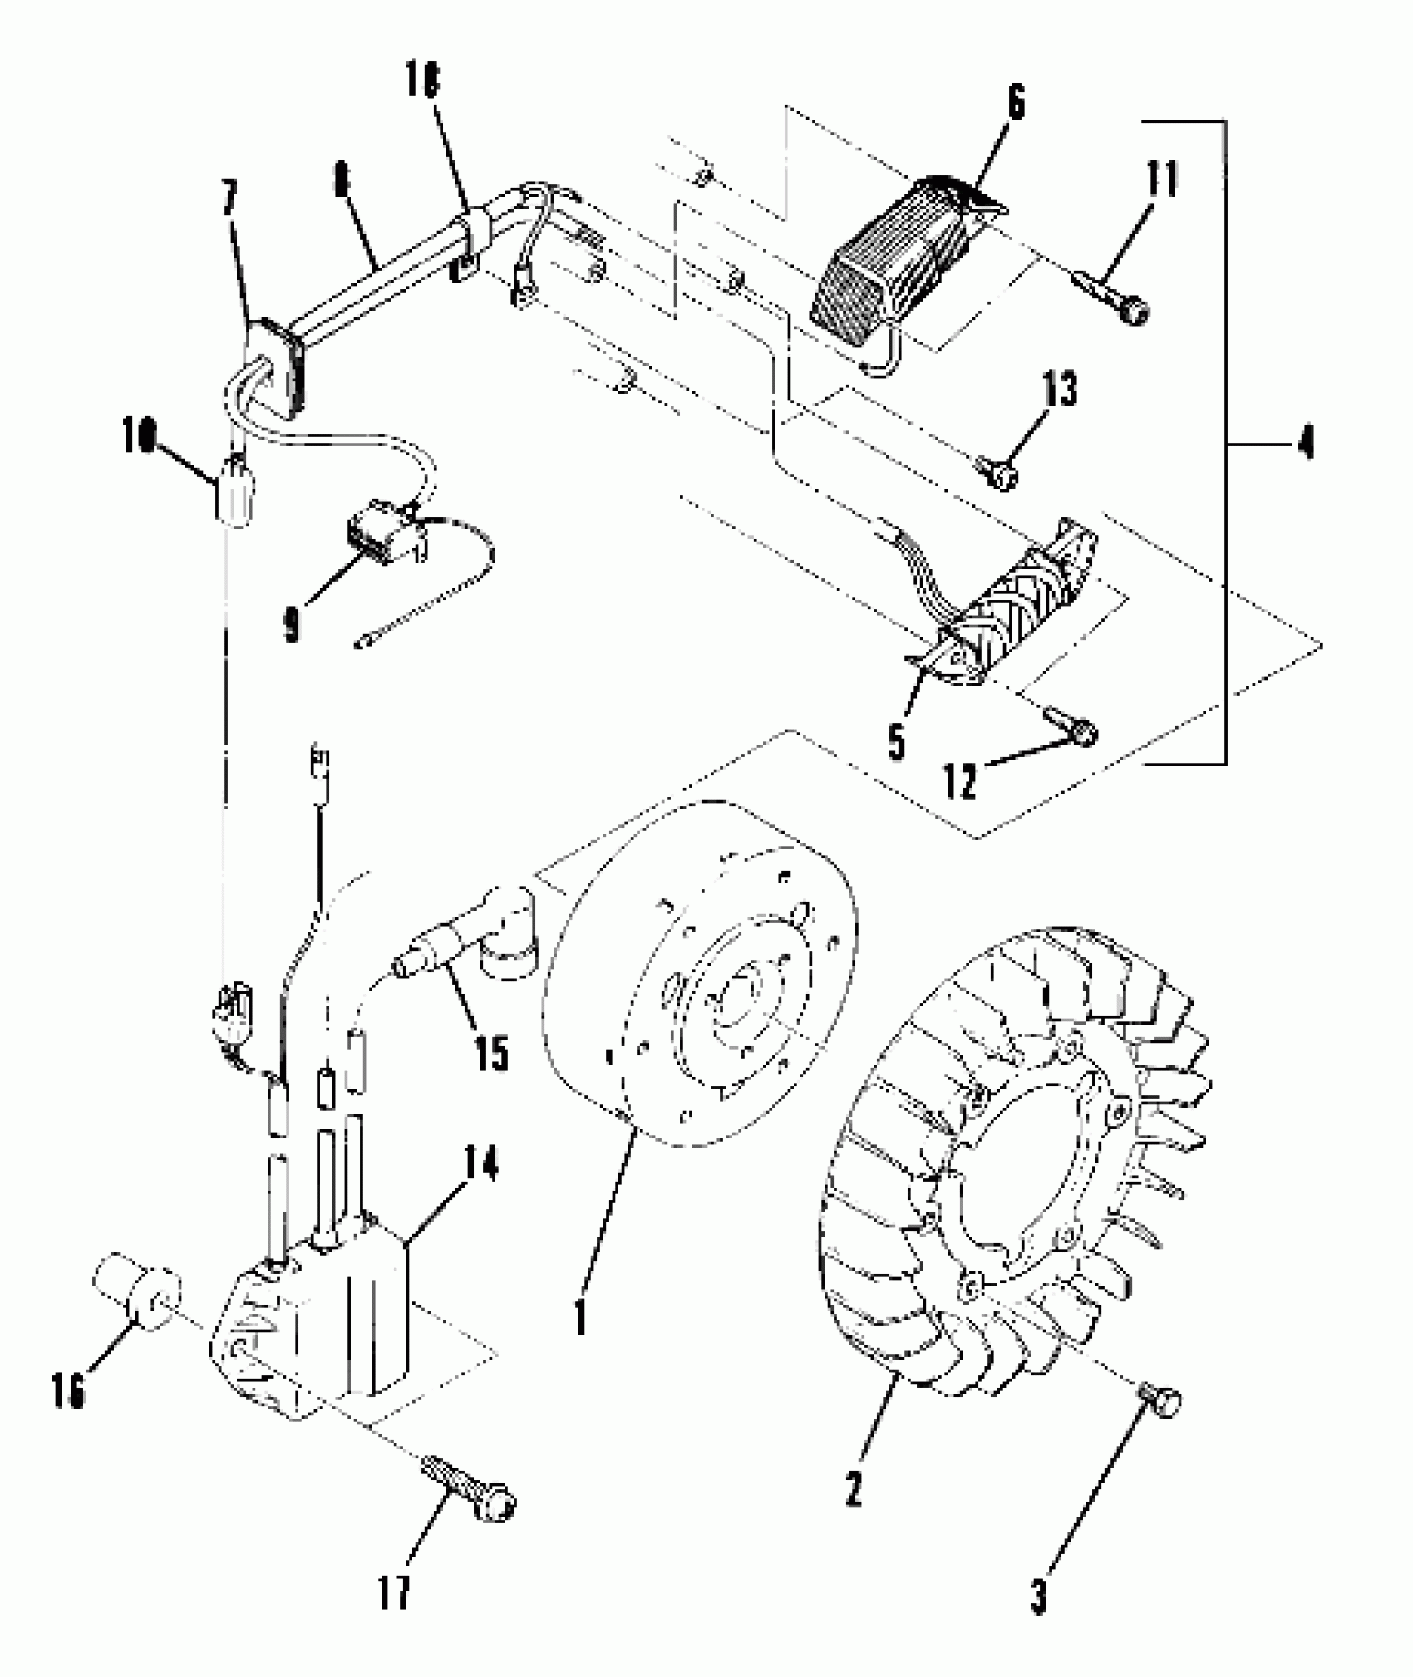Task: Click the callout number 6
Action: [1016, 102]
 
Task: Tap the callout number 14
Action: [480, 1165]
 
